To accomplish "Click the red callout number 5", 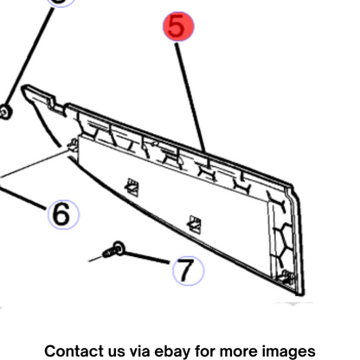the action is click(x=178, y=26).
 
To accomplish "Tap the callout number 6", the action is click(x=63, y=215).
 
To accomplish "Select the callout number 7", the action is click(x=188, y=271).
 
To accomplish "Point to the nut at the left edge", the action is click(x=5, y=112).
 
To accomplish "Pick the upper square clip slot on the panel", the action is click(x=132, y=187).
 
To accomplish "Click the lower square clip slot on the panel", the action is click(x=195, y=224).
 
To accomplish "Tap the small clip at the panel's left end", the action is click(x=73, y=145).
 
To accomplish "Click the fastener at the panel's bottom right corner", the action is click(x=286, y=279).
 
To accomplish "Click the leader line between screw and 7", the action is click(x=146, y=258).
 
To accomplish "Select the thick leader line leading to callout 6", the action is click(x=22, y=198).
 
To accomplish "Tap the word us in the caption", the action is click(x=117, y=352).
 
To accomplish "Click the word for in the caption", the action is click(x=205, y=351).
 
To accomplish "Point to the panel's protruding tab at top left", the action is click(x=41, y=95).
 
